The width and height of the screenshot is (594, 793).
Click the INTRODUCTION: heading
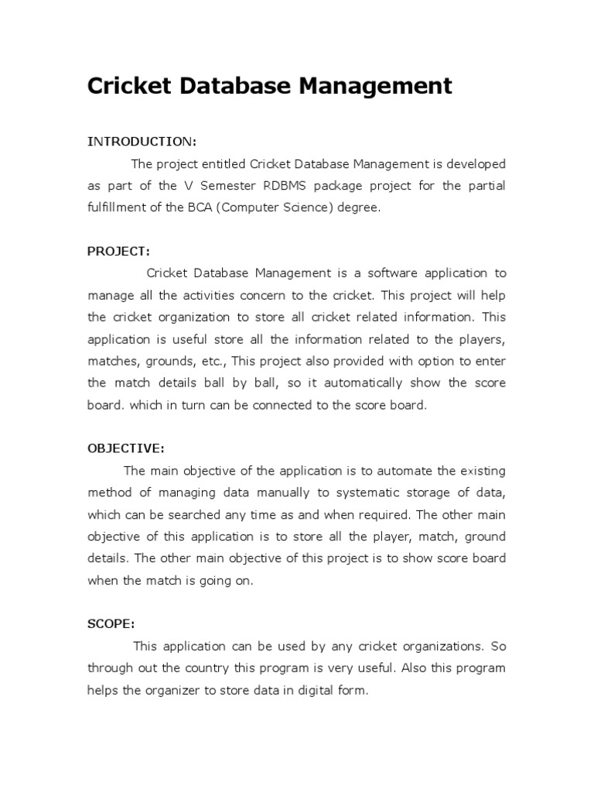pyautogui.click(x=142, y=142)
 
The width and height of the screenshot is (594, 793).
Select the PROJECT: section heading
pyautogui.click(x=118, y=251)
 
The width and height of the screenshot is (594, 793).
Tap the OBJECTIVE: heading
pyautogui.click(x=125, y=448)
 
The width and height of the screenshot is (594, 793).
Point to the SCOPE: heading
pyautogui.click(x=111, y=623)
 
